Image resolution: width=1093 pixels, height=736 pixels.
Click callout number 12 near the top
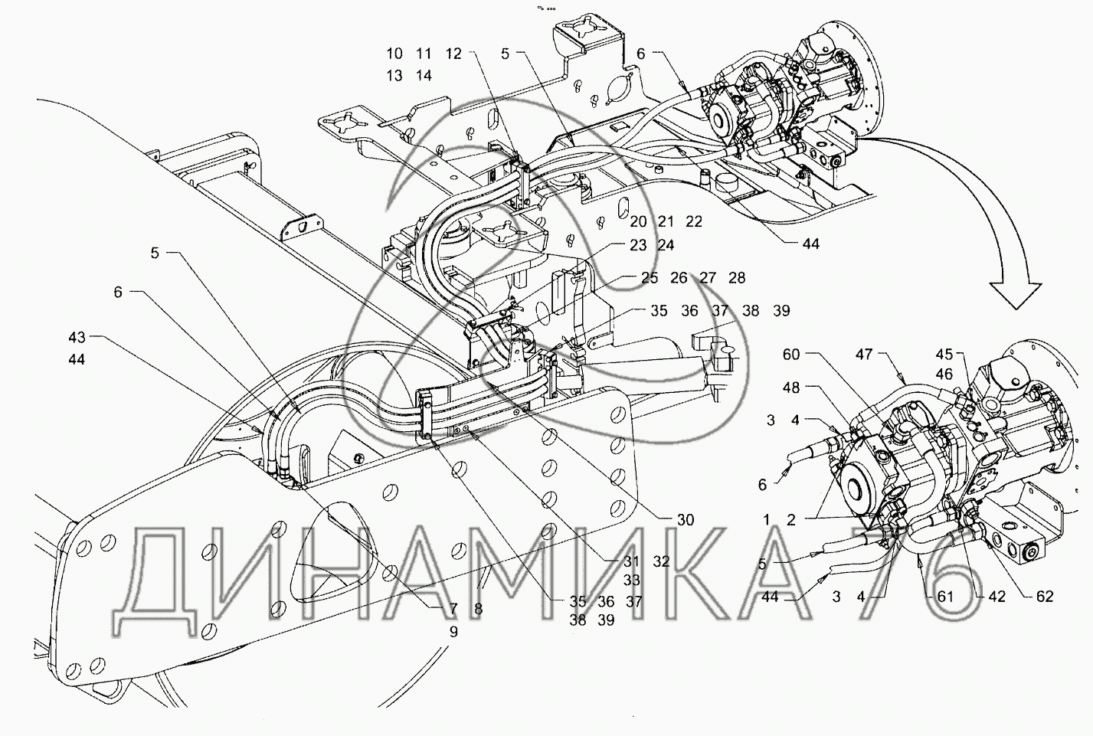pos(454,54)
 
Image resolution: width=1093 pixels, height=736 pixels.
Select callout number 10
pos(394,54)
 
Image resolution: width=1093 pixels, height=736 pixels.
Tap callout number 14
pos(424,76)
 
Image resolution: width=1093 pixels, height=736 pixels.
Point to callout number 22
pos(694,221)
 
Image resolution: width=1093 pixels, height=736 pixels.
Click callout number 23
pos(639,245)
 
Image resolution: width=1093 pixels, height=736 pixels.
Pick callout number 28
pos(736,278)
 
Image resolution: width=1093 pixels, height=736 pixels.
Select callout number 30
pos(685,520)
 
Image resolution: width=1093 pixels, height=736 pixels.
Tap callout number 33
pos(632,581)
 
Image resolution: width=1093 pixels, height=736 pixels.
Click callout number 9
pos(453,632)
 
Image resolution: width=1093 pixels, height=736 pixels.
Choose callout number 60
pos(791,355)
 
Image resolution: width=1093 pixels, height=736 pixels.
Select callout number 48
pos(791,388)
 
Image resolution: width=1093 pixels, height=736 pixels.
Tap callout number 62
pos(1044,597)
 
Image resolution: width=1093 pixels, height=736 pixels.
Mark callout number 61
pos(946,597)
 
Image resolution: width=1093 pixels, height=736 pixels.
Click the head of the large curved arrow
pos(1016,295)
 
